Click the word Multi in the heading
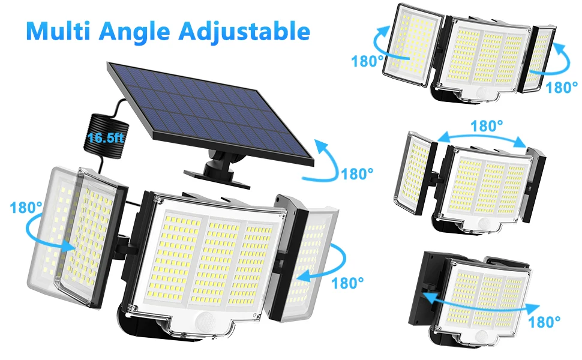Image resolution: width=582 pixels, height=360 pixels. coord(58,31)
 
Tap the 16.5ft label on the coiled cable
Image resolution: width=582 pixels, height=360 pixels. coord(106,137)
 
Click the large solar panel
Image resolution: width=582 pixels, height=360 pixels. coord(211,115)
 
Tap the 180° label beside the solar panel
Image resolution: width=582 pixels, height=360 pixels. coord(357,173)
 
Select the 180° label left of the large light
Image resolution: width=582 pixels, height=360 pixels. coord(26,208)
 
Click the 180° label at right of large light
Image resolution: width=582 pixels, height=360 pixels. coord(347,283)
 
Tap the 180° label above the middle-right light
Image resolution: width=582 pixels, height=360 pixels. coord(487,126)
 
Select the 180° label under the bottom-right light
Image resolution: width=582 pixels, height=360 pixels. coord(544,322)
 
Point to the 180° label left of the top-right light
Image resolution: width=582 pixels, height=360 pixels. coord(367,61)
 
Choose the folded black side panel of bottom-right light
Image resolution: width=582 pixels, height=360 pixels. coord(427,289)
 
